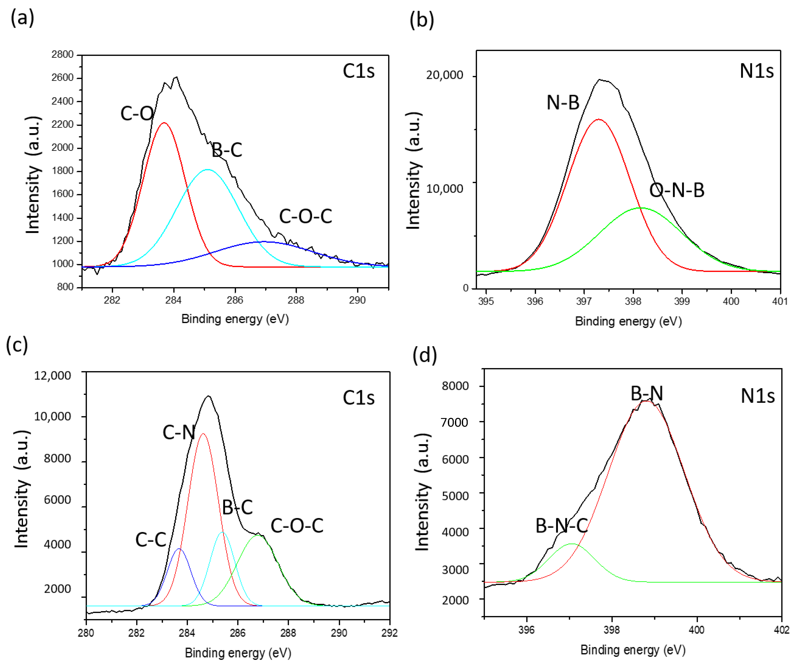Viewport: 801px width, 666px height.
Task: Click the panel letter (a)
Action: [22, 18]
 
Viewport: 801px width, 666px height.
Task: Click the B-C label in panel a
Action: [227, 150]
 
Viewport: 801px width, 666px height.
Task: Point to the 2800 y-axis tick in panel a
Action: [63, 55]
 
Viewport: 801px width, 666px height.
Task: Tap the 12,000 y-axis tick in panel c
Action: [53, 376]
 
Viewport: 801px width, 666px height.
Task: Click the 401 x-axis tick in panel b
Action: [780, 301]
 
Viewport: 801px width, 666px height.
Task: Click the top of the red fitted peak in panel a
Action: [164, 123]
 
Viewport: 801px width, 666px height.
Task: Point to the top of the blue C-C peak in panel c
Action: [179, 549]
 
